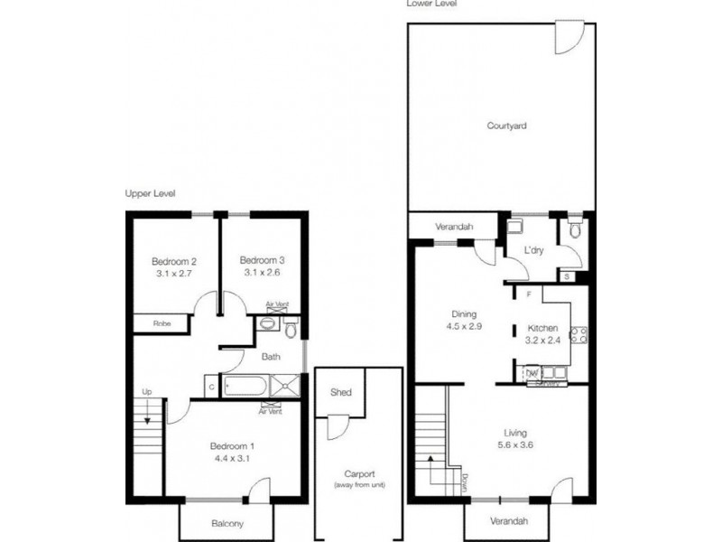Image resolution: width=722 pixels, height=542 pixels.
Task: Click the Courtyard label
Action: point(506,126)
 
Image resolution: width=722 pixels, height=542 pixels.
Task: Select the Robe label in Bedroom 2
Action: point(162,322)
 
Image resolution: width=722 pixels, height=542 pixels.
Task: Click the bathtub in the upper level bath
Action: point(241,388)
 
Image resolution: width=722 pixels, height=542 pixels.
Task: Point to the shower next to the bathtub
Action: point(286,388)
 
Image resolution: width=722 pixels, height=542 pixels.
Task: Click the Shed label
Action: point(340,393)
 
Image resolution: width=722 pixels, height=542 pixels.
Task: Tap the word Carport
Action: point(359,474)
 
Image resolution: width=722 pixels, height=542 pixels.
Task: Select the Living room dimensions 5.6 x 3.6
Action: point(515,444)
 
